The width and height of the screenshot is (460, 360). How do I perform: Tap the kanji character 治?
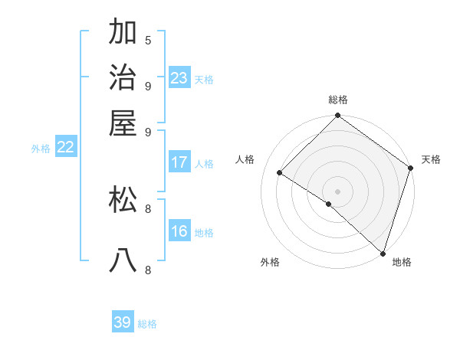[123, 77]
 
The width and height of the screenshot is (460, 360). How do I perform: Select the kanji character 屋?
[123, 123]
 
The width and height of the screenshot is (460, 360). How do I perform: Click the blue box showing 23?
[179, 78]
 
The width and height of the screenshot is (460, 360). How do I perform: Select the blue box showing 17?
[179, 162]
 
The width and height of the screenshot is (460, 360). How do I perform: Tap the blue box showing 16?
[179, 232]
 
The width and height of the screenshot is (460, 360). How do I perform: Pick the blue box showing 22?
[65, 148]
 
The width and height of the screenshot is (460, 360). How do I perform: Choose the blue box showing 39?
[123, 322]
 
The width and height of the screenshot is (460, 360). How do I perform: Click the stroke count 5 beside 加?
[148, 40]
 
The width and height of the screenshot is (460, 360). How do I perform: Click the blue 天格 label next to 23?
[204, 79]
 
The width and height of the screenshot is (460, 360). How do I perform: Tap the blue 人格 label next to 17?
[204, 163]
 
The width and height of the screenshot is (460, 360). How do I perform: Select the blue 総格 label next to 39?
[147, 324]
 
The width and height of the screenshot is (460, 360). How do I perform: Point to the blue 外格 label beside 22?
[41, 149]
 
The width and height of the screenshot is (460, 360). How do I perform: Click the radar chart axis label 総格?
[338, 100]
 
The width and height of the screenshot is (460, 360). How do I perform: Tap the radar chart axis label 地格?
[402, 262]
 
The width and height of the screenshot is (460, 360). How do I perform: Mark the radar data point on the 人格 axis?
[280, 173]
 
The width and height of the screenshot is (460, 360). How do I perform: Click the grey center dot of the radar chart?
[337, 191]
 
